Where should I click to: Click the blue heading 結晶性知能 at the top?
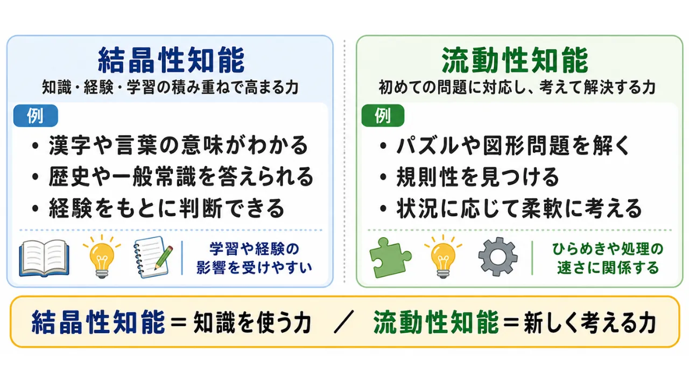click(x=171, y=60)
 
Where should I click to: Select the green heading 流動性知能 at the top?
click(x=515, y=60)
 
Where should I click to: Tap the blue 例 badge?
click(x=36, y=116)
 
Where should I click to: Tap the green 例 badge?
click(x=383, y=116)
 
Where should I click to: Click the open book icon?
click(x=44, y=258)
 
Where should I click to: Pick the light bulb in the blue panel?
click(x=102, y=256)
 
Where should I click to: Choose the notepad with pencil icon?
click(x=153, y=257)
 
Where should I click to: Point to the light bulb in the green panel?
click(x=443, y=256)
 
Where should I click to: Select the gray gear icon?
click(x=498, y=257)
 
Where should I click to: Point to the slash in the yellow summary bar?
click(x=343, y=322)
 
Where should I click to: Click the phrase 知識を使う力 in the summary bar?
click(x=252, y=322)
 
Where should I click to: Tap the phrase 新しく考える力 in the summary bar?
click(x=590, y=322)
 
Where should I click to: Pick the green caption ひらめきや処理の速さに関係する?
click(x=608, y=258)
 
